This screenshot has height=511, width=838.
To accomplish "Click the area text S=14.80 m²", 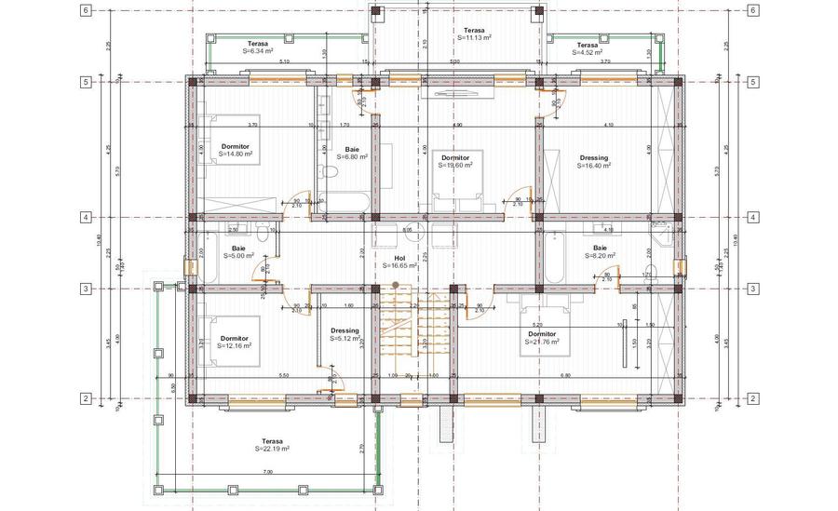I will (236, 155).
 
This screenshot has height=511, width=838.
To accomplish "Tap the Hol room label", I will (400, 257).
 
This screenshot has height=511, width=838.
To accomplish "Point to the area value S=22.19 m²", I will (272, 449).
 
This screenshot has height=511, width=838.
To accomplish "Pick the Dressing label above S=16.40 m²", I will (593, 157).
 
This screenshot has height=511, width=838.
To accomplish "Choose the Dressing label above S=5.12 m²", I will (345, 330).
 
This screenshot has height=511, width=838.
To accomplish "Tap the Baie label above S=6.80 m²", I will (352, 149).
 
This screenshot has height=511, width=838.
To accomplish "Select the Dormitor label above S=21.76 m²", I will (542, 333).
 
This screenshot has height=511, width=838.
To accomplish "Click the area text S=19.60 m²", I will (456, 165).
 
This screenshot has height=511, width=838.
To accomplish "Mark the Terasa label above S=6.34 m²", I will (259, 44).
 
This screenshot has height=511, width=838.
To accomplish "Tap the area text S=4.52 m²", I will (587, 52).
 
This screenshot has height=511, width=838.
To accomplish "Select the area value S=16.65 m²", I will (399, 265).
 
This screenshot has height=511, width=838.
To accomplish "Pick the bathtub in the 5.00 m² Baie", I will (206, 256).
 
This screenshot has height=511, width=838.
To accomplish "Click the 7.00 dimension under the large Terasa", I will (267, 474).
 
